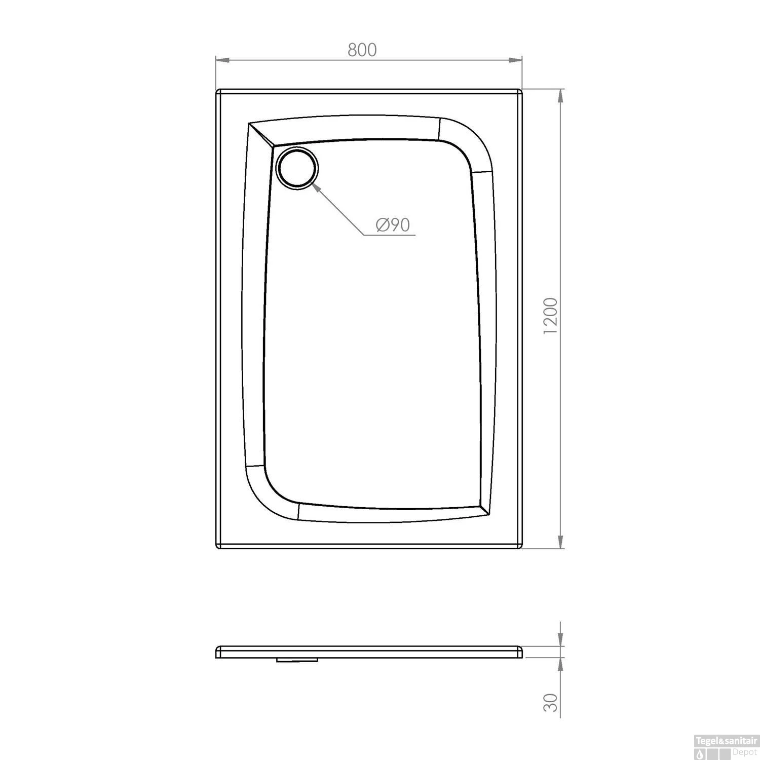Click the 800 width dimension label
click(x=362, y=50)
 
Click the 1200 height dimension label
click(x=550, y=315)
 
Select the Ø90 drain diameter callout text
click(x=393, y=224)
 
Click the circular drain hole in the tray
click(x=298, y=169)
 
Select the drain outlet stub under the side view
click(x=297, y=660)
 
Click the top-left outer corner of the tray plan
click(x=218, y=91)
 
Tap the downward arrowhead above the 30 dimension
click(x=560, y=640)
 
